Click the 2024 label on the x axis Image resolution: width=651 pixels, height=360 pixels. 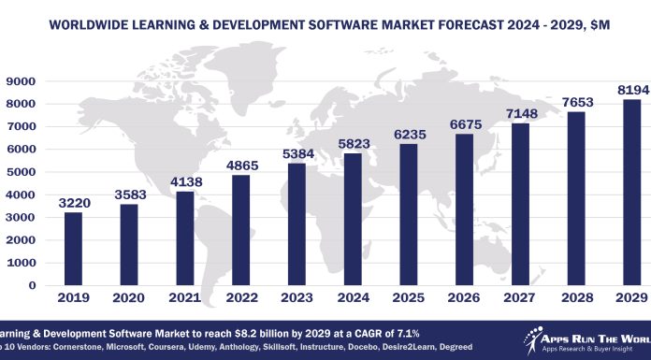pyautogui.click(x=357, y=301)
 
